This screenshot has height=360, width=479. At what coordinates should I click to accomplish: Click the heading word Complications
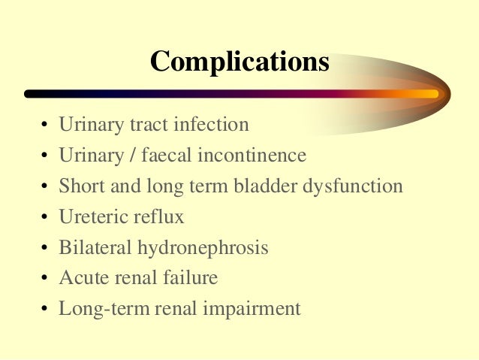click(x=239, y=60)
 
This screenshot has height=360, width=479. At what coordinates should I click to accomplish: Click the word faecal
click(x=173, y=155)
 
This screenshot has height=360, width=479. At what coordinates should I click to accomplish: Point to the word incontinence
click(x=253, y=155)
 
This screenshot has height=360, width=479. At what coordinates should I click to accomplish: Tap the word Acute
click(x=80, y=277)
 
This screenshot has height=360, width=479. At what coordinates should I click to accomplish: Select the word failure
click(x=190, y=277)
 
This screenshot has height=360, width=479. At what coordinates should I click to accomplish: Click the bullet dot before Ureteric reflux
click(x=45, y=218)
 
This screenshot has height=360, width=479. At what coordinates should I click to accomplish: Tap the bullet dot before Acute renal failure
click(x=45, y=279)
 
